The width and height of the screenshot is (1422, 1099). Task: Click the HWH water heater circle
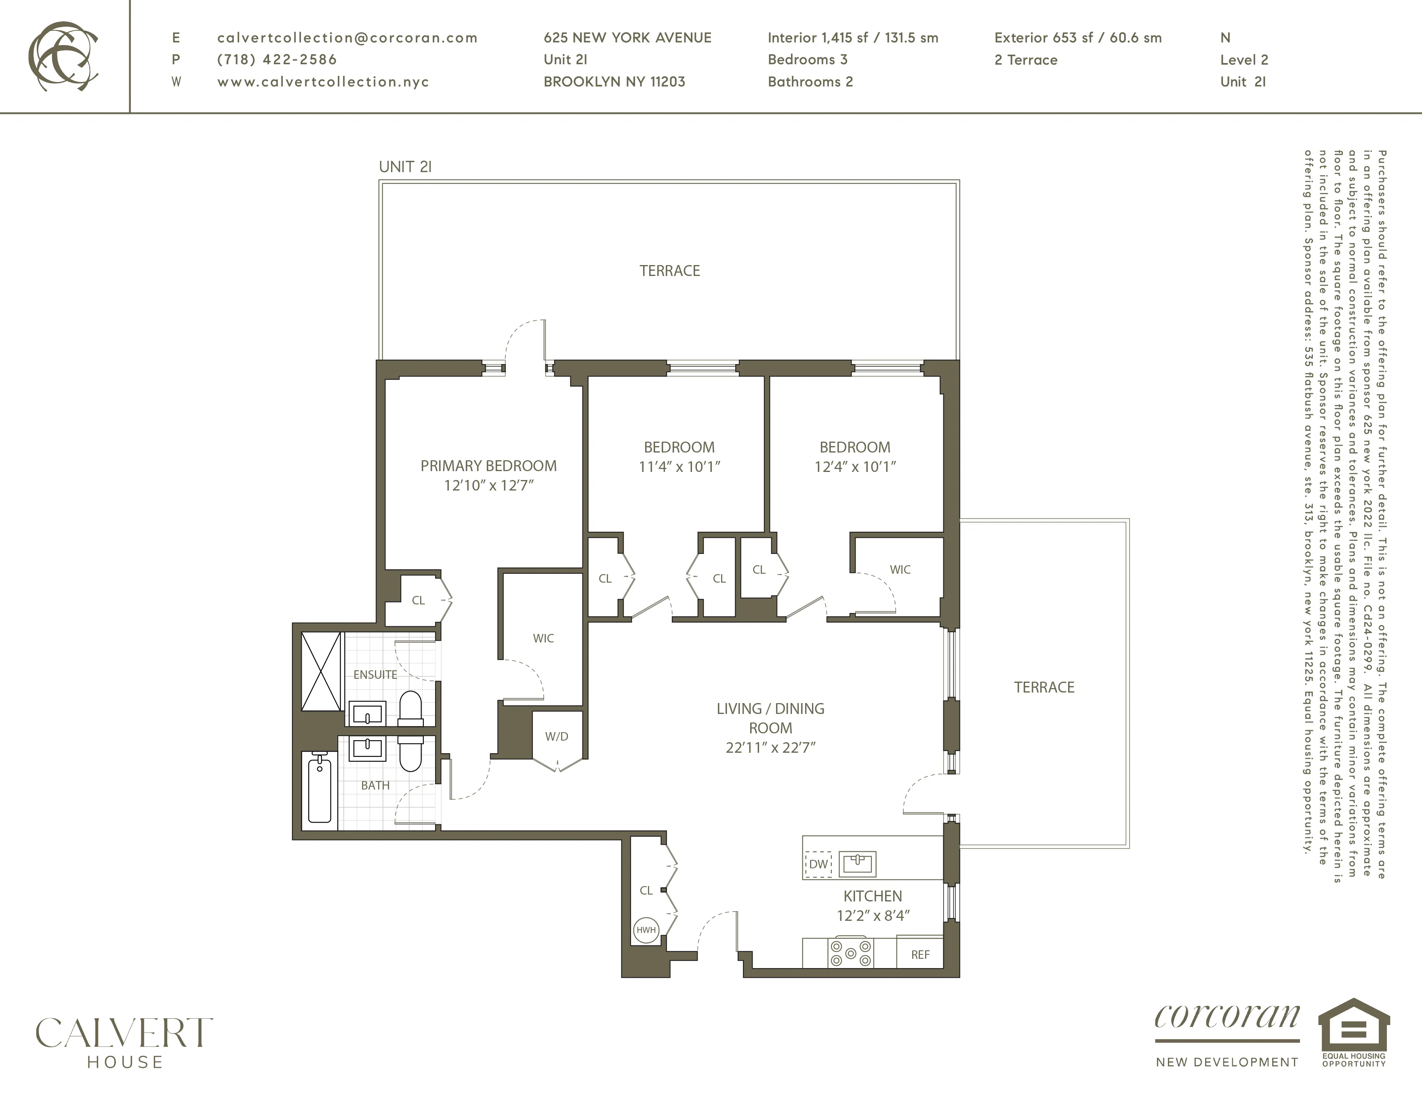(x=646, y=930)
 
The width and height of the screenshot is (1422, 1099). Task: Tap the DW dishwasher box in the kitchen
(x=818, y=864)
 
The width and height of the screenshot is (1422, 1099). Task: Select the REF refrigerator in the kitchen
(x=920, y=954)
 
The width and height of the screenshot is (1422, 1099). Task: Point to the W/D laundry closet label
(x=557, y=736)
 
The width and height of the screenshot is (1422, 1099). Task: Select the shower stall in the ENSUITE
(x=321, y=671)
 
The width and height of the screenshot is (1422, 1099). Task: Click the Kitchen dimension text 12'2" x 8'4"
(x=873, y=916)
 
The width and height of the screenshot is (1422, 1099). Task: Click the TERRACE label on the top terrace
(x=669, y=271)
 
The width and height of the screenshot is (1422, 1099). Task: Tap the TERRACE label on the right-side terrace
(x=1044, y=687)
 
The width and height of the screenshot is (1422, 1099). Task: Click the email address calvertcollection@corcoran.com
(x=347, y=38)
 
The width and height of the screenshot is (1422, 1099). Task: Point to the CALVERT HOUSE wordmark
(x=124, y=1042)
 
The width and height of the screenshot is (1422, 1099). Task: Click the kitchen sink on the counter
(x=858, y=864)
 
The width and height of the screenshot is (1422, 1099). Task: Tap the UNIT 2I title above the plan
(x=405, y=167)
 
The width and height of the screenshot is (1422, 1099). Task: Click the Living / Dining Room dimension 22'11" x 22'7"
(x=770, y=747)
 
